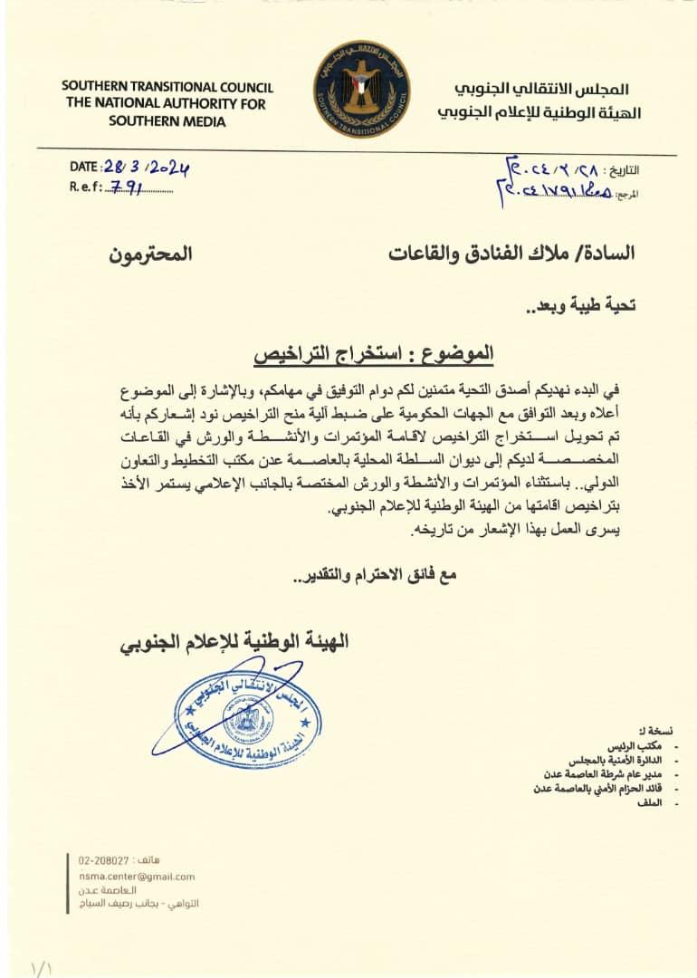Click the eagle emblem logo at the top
(361, 88)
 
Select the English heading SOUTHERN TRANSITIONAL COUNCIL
(167, 87)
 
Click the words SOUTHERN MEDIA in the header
(167, 121)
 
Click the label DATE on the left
(85, 168)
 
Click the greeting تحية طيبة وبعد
(580, 305)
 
